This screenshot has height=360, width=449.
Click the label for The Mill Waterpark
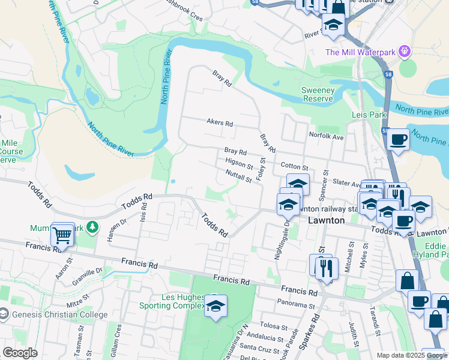360,52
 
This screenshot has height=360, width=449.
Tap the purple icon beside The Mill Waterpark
405,52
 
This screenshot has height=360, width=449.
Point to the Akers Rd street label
219,123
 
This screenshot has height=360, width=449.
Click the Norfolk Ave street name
326,136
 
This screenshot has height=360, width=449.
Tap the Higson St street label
239,163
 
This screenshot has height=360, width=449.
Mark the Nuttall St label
238,176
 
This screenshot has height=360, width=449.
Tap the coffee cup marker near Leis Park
398,140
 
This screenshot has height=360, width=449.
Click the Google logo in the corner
20,353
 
